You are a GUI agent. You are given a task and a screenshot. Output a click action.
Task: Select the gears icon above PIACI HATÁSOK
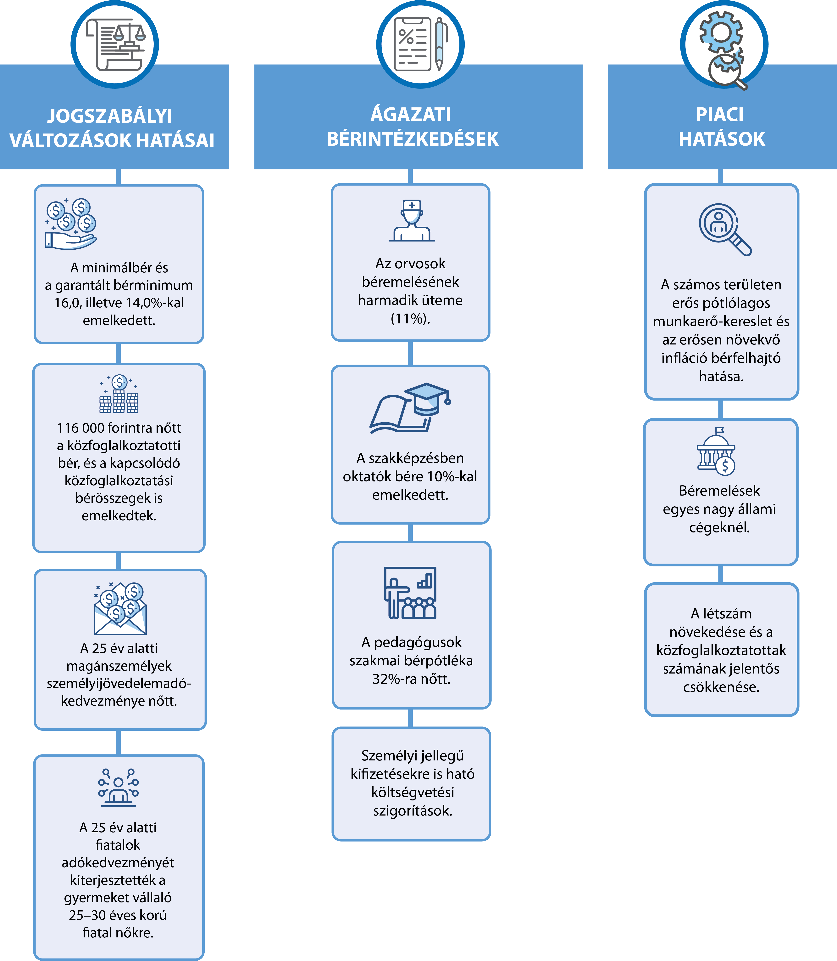point(722,49)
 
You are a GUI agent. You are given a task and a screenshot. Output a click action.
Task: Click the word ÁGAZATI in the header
point(411,115)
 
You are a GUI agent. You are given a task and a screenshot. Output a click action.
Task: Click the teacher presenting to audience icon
point(410,593)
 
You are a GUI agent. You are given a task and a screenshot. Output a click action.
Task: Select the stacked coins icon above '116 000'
point(119,394)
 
